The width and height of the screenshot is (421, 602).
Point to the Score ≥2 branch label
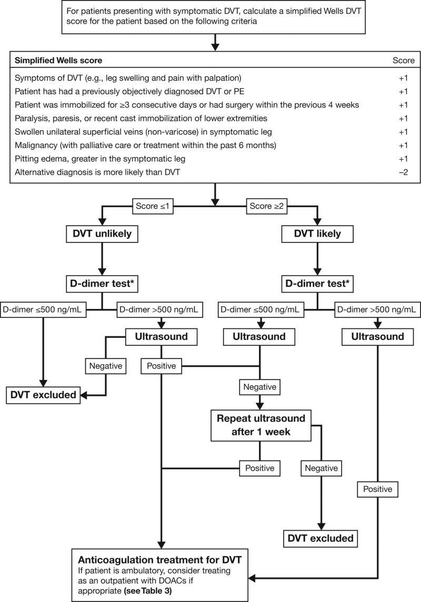tap(267, 207)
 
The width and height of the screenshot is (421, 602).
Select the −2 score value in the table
tap(403, 172)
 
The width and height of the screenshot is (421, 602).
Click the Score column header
tap(403, 60)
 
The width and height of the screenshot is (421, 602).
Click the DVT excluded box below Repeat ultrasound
tap(320, 539)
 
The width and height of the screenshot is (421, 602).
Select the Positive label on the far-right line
tap(377, 489)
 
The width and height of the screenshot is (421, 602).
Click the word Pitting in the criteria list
tap(28, 158)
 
